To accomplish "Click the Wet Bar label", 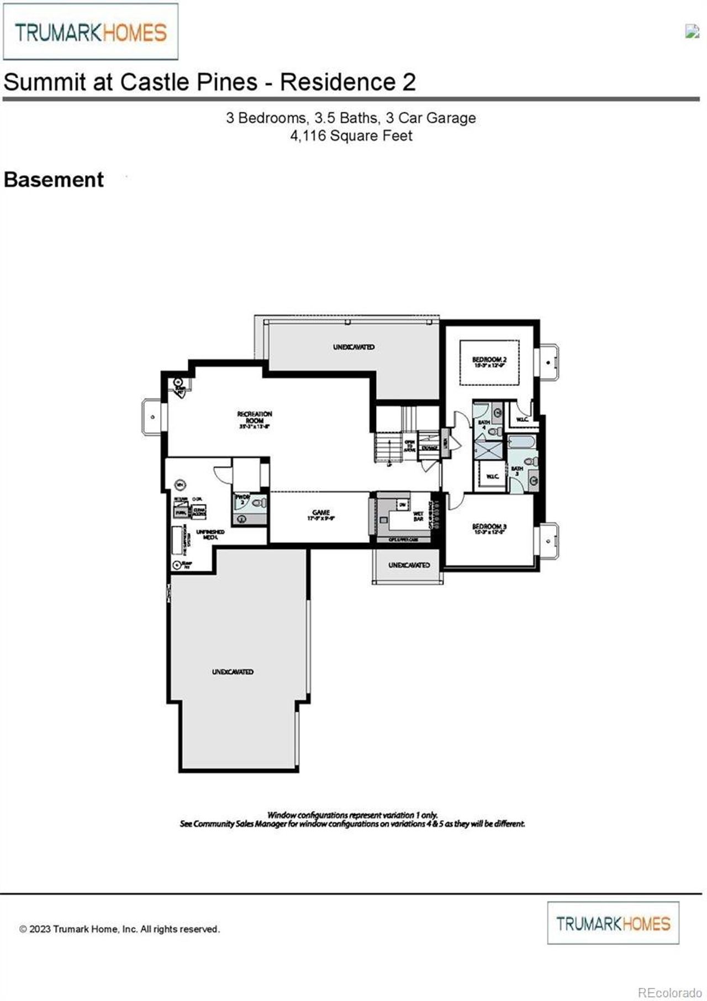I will pos(418,516).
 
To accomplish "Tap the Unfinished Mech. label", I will pos(210,534).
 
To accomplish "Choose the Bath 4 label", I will pos(484,424).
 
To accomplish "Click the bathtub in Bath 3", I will pos(521,442).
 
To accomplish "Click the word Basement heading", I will pos(54,180).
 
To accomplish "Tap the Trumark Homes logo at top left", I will pos(91,32).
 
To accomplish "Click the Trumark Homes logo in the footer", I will pos(613,923).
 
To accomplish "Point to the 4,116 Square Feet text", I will pos(351,136).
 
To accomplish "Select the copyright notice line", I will pos(119,929).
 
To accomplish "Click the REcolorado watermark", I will pos(670,992).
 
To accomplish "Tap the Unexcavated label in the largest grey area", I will pos(233,672).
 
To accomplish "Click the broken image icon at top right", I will pos(692,31).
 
